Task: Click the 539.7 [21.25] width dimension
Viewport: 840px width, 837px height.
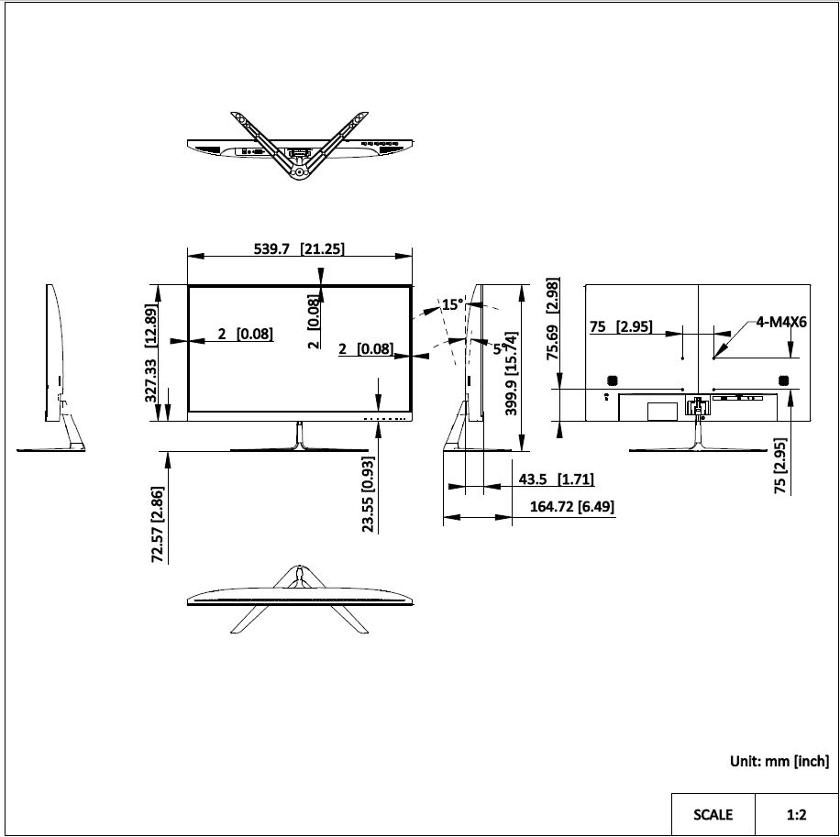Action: click(299, 248)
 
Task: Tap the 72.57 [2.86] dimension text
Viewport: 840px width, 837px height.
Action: click(158, 524)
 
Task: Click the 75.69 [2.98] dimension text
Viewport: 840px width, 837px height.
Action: click(553, 321)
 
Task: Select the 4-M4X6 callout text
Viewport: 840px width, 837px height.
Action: click(781, 322)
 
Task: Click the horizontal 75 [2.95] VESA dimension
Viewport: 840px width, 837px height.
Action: click(620, 327)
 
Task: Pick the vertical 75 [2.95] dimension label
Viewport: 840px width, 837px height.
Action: click(781, 466)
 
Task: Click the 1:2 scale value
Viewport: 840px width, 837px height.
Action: click(796, 814)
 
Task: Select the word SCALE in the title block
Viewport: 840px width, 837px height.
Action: click(713, 814)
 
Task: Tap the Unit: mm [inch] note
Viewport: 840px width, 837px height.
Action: click(779, 761)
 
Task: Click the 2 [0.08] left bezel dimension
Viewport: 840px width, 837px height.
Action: click(245, 334)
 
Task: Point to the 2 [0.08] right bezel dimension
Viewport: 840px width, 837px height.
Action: click(365, 348)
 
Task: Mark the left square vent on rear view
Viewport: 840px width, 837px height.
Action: click(613, 380)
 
